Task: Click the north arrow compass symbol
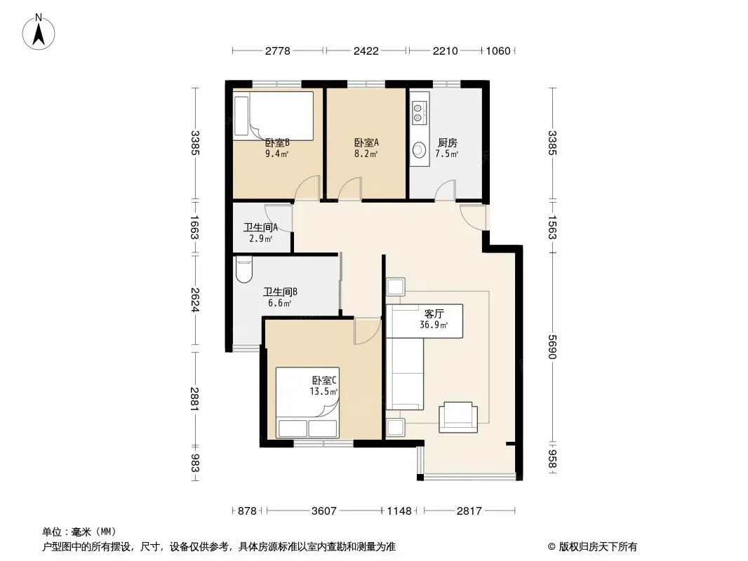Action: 39,32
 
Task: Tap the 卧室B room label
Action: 277,142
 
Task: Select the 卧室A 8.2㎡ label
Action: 366,148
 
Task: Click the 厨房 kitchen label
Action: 448,142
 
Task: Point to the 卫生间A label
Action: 260,227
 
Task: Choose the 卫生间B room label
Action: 280,292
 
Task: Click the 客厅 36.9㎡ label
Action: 434,319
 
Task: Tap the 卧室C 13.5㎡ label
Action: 324,386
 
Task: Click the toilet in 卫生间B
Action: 243,269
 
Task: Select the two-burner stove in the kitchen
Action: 418,112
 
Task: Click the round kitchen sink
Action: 420,149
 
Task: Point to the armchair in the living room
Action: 458,417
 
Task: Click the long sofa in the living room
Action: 405,374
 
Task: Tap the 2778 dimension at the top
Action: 278,50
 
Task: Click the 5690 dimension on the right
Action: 552,347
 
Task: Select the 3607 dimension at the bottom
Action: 324,511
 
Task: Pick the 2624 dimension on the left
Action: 194,300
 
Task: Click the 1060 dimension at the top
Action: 498,50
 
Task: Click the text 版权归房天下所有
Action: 598,547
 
